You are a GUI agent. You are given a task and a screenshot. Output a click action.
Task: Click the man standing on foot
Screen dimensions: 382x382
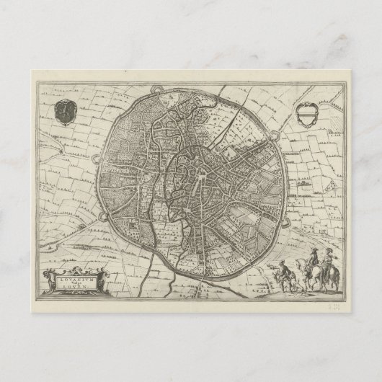tap(283, 277)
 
